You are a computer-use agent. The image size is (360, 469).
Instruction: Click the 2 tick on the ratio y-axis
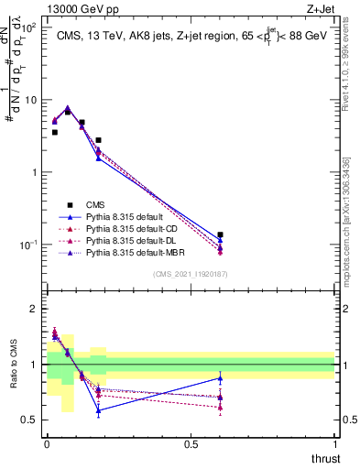click(36, 309)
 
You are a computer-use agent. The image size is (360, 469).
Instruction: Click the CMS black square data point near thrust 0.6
click(220, 235)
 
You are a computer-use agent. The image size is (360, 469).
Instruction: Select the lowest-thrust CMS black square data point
click(55, 132)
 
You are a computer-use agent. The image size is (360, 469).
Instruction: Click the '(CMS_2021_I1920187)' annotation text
click(190, 273)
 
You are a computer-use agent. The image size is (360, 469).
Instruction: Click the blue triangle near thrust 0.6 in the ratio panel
click(220, 378)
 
